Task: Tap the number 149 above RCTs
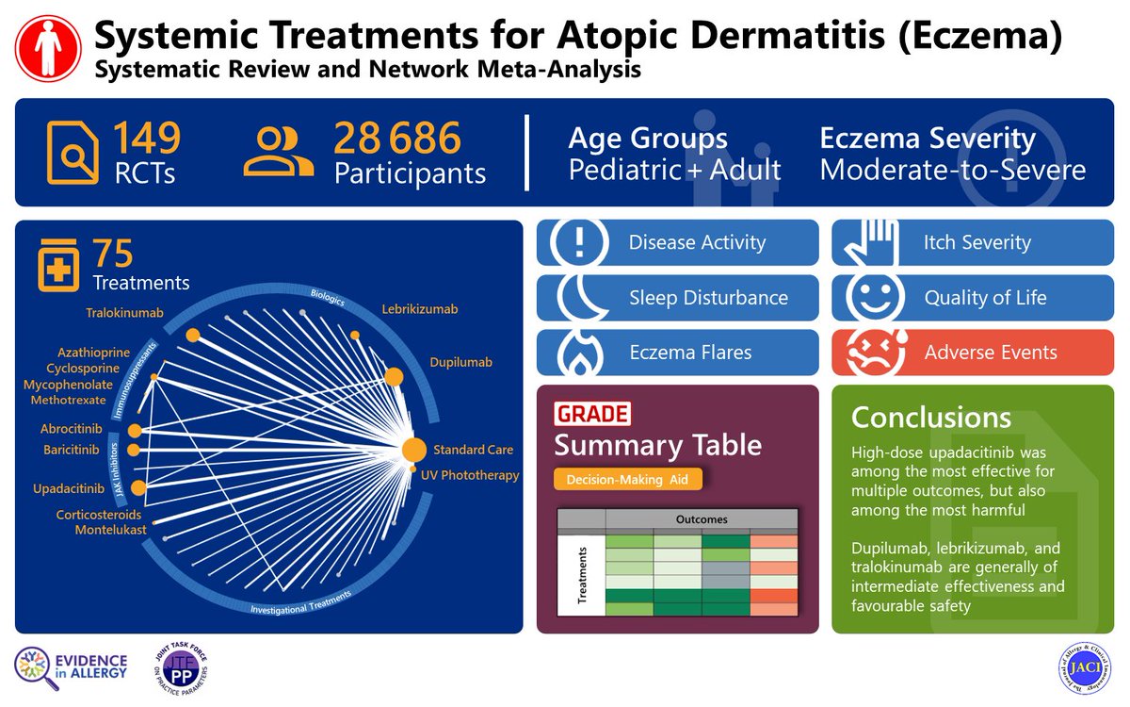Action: [x=147, y=140]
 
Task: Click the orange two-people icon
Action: [x=278, y=153]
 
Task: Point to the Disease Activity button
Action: [x=678, y=242]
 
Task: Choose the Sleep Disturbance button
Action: [x=678, y=298]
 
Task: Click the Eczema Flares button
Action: [x=678, y=353]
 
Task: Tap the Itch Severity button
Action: [x=973, y=242]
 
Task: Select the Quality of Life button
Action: [x=973, y=298]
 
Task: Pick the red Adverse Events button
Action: [x=973, y=353]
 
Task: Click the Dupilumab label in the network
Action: [x=460, y=362]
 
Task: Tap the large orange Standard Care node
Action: [x=412, y=451]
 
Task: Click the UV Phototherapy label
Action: [x=470, y=475]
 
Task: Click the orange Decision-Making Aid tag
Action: [x=628, y=480]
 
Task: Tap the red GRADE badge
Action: [x=592, y=413]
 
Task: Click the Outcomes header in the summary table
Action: [x=702, y=519]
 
